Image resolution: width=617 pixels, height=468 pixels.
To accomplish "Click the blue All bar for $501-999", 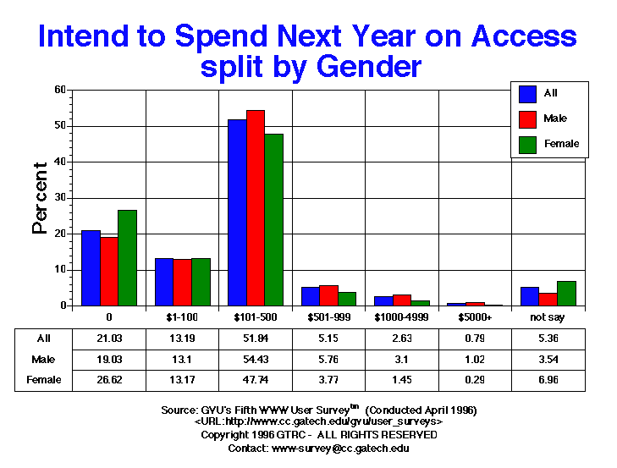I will click(x=311, y=296).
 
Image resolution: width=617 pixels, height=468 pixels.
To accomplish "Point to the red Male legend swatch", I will click(x=527, y=118).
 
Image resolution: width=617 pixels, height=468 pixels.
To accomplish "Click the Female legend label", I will click(x=562, y=144).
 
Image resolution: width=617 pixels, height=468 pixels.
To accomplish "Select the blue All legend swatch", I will click(x=527, y=94).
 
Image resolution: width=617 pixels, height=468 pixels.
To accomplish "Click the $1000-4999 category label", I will click(x=401, y=317).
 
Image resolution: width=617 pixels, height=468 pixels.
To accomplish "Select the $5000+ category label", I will click(x=475, y=317).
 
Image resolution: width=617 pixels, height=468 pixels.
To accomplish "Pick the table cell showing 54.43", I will click(x=256, y=359).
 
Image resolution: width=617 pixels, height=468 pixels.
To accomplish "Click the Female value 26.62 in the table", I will click(x=109, y=379).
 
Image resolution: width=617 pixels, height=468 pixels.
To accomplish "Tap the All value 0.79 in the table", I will click(x=475, y=339).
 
